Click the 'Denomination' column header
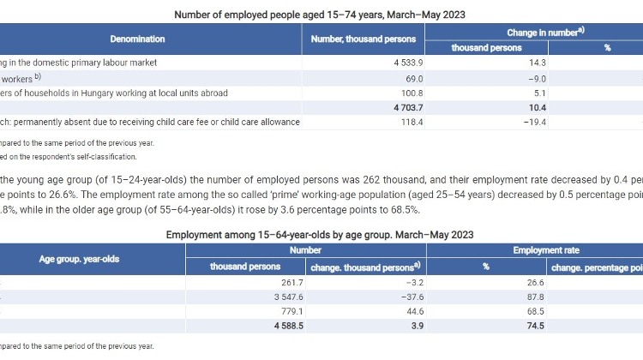[x=137, y=39]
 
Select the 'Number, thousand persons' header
[x=363, y=39]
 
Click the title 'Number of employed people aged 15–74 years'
[x=321, y=15]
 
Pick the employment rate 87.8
[x=485, y=297]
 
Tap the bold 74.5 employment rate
[x=485, y=327]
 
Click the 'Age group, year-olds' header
[x=81, y=258]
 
